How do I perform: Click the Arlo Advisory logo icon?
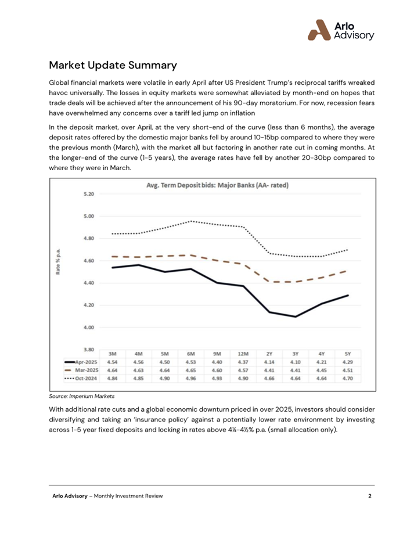coord(319,30)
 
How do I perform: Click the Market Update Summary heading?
coord(113,65)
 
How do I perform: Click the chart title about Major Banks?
coord(217,185)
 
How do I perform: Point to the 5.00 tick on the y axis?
coord(88,217)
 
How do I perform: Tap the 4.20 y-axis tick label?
coord(88,305)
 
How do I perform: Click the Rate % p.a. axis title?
coord(58,261)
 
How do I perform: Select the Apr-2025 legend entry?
coord(81,362)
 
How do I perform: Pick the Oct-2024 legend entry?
coord(81,379)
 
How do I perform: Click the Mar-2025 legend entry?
coord(81,370)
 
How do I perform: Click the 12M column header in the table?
coord(243,354)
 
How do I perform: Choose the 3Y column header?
coord(296,354)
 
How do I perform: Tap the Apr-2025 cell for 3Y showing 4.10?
coord(296,362)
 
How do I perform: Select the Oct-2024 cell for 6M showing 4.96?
coord(191,379)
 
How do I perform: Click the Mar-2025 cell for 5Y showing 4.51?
coord(348,370)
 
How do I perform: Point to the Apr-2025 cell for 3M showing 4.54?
coord(113,362)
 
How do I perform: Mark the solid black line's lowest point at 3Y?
coord(296,316)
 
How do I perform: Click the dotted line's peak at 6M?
coord(191,221)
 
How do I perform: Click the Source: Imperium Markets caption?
coord(82,396)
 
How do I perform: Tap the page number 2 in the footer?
coord(369,496)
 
